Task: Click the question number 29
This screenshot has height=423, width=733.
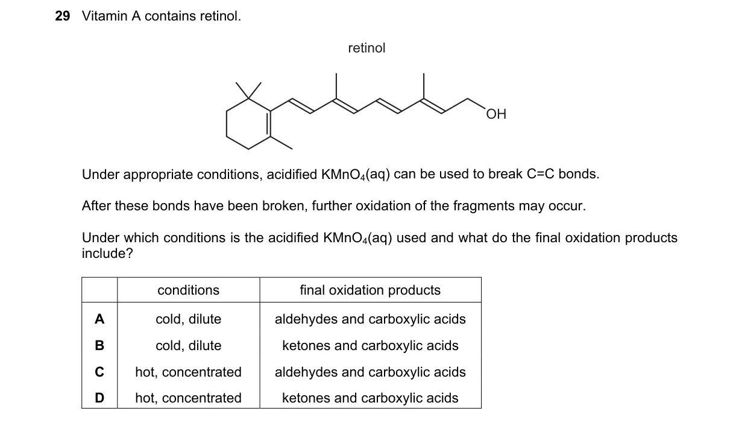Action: coord(63,16)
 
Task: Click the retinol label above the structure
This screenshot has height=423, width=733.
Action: coord(366,48)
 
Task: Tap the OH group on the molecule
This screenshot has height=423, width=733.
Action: coord(496,114)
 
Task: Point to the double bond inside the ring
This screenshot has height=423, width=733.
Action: coord(269,124)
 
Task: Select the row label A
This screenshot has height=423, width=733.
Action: coord(99,319)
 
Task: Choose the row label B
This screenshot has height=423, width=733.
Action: coord(99,345)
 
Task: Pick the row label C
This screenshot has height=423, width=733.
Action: coord(99,372)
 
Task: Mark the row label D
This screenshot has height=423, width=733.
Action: coord(99,398)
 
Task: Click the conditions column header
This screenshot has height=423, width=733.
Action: coord(189,290)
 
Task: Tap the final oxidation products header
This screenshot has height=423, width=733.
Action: coord(370,290)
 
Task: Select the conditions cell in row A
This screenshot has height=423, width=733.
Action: coord(189,319)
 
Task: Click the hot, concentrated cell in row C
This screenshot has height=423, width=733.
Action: coord(189,372)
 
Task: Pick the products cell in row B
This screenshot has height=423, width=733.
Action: coord(370,345)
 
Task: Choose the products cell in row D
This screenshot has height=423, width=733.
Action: coord(370,398)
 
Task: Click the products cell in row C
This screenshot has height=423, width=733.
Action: coord(370,372)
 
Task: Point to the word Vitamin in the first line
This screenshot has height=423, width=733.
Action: coord(105,16)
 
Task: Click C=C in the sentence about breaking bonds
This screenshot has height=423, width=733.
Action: coord(541,174)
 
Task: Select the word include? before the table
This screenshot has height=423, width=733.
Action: coord(107,253)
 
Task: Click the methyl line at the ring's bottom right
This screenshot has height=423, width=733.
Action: coord(281,143)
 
